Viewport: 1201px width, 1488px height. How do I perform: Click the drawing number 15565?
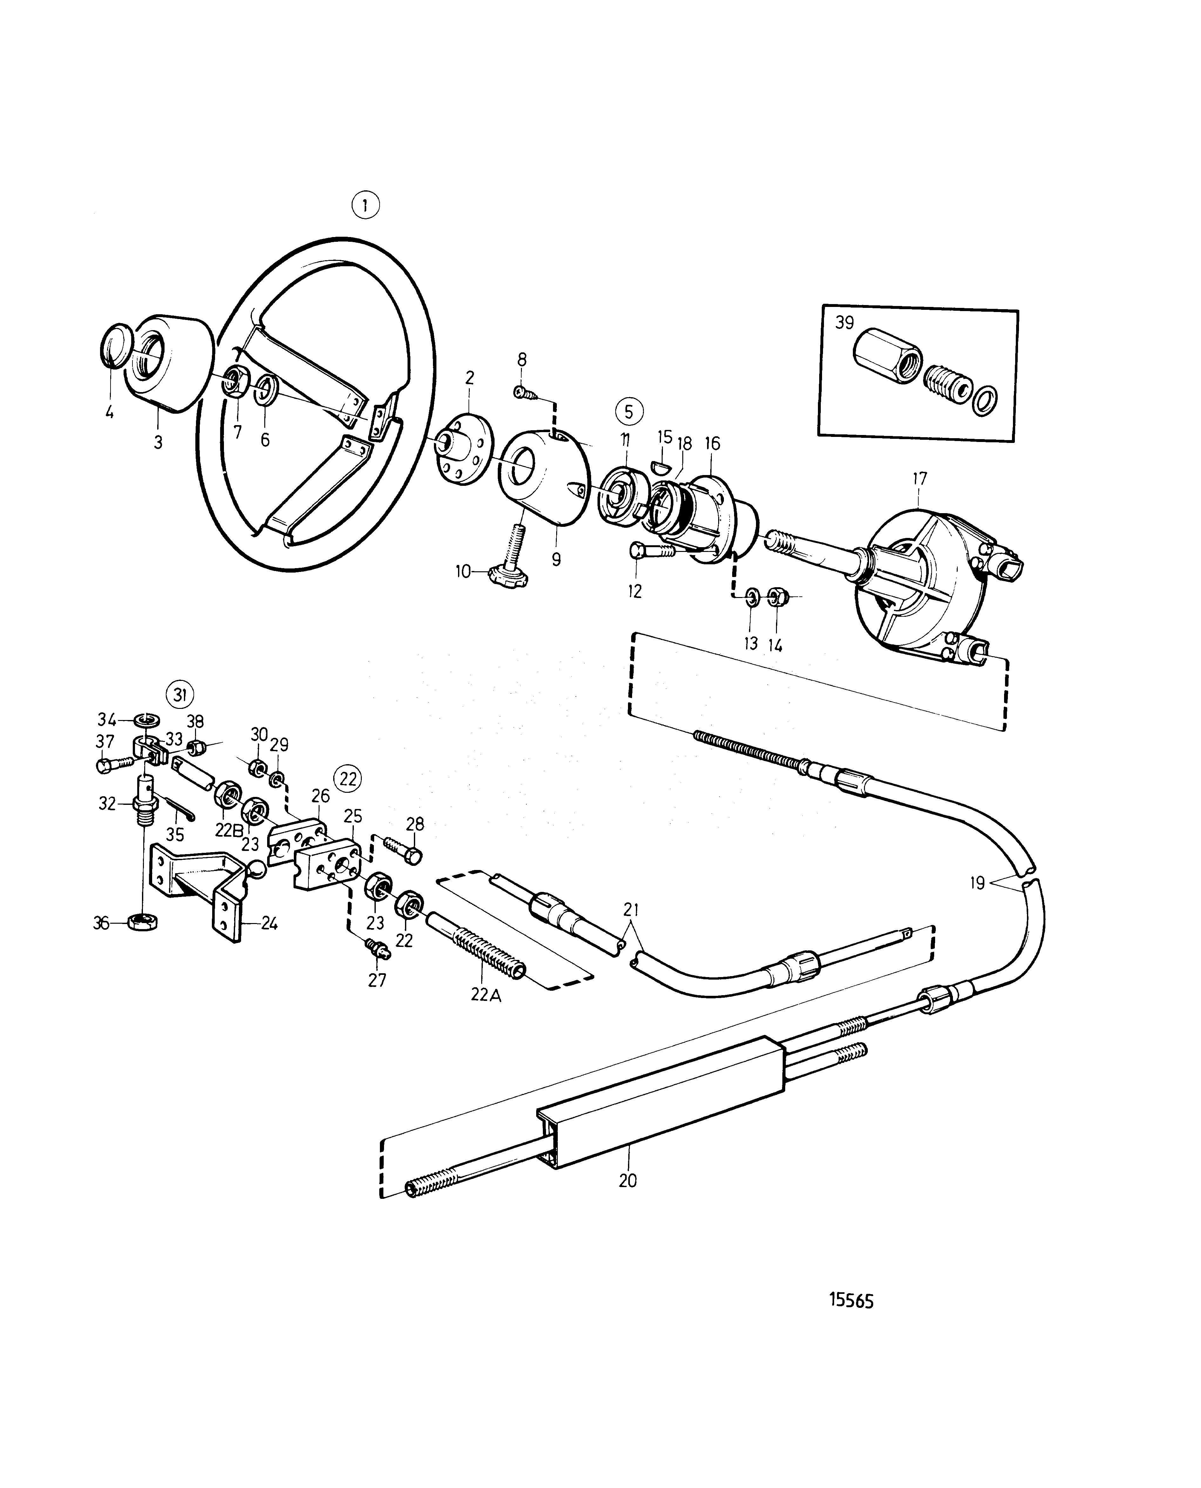tap(852, 1301)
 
